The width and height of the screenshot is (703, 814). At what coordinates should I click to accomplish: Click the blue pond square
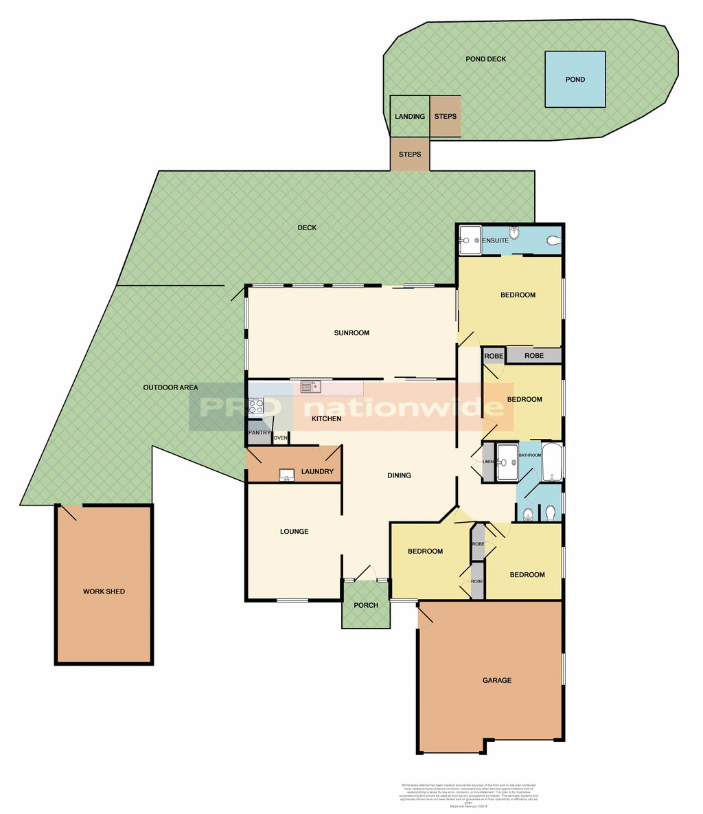coord(575,79)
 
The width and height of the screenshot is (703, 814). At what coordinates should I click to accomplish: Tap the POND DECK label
coord(485,59)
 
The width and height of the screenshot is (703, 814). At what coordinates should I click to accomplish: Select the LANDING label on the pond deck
coord(410,117)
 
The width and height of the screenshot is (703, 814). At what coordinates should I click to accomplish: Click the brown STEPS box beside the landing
coord(446,117)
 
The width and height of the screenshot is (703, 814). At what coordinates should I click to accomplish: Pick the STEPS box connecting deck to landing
coord(410,155)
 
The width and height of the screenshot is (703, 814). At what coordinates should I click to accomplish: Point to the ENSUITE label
coord(495,241)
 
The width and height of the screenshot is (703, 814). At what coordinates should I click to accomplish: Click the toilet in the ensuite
coord(553,240)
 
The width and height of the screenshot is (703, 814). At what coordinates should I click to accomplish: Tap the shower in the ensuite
coord(470,240)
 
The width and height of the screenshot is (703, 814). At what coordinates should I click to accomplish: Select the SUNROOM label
coord(351,333)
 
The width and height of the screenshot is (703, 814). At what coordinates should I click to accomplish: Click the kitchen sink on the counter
coord(311,387)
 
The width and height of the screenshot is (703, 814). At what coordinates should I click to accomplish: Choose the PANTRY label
coord(260,433)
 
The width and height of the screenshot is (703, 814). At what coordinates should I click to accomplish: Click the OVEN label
coord(281,438)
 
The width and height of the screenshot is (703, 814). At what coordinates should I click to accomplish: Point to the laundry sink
coord(287,474)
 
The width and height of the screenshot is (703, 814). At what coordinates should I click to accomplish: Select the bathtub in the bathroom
coord(552,463)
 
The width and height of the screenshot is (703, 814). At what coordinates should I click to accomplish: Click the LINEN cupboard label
coord(488,462)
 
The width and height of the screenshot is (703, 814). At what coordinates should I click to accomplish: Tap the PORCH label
coord(366,605)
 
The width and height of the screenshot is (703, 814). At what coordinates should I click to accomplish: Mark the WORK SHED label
coord(104,591)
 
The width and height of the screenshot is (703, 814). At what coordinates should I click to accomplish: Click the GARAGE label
coord(496,680)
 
